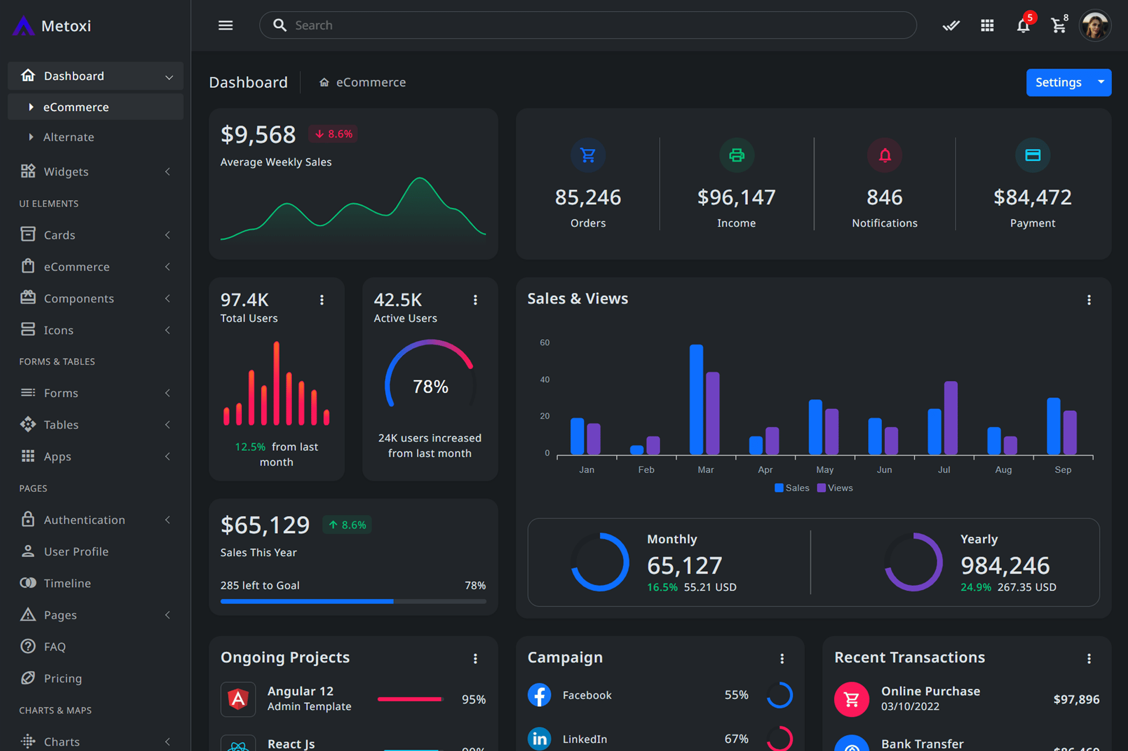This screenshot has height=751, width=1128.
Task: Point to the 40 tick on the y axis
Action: click(x=545, y=379)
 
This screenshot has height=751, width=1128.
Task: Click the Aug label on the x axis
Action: click(x=1003, y=470)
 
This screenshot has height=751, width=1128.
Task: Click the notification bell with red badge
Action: click(x=1023, y=25)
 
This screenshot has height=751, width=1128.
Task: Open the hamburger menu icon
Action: click(x=225, y=25)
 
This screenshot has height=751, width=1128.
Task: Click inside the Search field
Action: click(x=587, y=25)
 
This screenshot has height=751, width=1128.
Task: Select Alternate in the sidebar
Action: click(x=69, y=137)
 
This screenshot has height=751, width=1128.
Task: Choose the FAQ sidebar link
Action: click(x=54, y=646)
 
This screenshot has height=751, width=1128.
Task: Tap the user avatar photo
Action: click(x=1094, y=25)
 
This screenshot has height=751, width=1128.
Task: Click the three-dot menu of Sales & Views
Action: click(x=1089, y=300)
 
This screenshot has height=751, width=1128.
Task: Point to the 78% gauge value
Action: click(x=430, y=387)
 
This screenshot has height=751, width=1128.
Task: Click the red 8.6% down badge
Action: click(x=333, y=134)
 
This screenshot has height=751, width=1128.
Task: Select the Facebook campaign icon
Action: click(x=539, y=695)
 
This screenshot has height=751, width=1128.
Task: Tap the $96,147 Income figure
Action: click(x=736, y=197)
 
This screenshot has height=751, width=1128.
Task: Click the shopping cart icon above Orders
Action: click(x=588, y=155)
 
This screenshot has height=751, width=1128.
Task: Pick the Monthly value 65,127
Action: click(x=684, y=565)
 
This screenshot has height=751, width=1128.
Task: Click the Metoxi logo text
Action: click(x=66, y=26)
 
